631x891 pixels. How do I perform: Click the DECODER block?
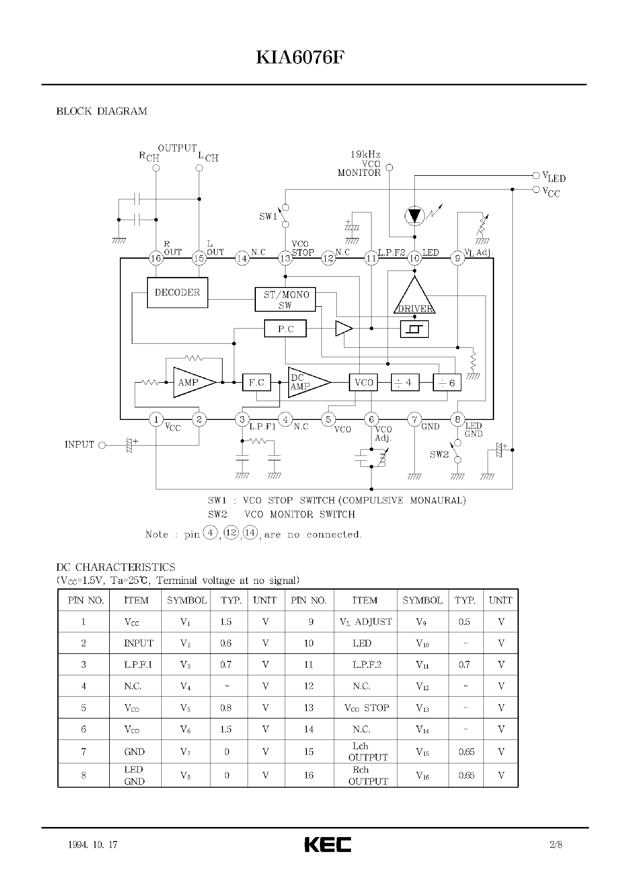click(x=177, y=292)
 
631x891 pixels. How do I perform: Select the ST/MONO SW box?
click(x=285, y=299)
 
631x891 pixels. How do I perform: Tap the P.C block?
click(x=285, y=329)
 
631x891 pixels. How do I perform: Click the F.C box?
click(x=256, y=382)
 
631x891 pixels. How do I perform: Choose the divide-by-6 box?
click(x=447, y=383)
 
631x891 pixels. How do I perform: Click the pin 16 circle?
click(x=156, y=258)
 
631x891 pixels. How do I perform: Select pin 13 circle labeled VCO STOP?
click(x=285, y=258)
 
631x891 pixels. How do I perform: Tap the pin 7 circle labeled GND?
click(x=414, y=419)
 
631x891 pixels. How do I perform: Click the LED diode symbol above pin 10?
click(x=414, y=215)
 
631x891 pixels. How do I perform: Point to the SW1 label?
click(x=268, y=216)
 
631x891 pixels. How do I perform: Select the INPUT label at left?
click(x=79, y=445)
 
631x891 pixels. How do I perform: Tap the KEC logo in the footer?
click(x=328, y=844)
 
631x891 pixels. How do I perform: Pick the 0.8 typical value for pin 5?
click(x=226, y=708)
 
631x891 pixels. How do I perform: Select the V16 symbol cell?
click(x=422, y=775)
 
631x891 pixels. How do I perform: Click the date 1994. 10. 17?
click(x=92, y=845)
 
